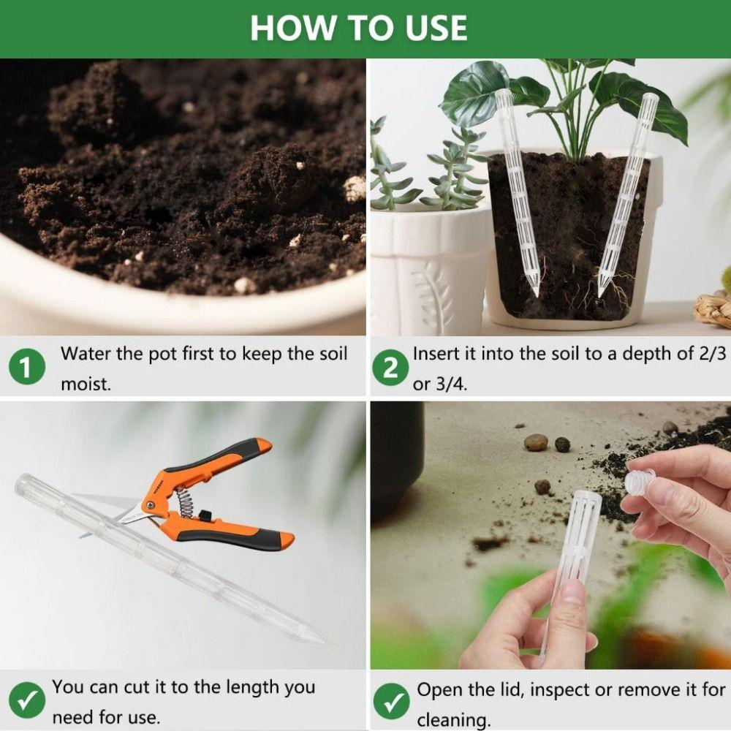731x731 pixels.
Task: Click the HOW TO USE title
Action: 358,28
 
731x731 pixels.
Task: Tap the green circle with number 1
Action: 26,367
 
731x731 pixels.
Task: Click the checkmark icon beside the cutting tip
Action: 27,700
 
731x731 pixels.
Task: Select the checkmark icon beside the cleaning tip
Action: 391,701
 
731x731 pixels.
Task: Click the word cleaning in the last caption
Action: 454,720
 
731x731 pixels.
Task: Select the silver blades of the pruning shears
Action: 132,515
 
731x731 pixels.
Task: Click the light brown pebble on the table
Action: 536,442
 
